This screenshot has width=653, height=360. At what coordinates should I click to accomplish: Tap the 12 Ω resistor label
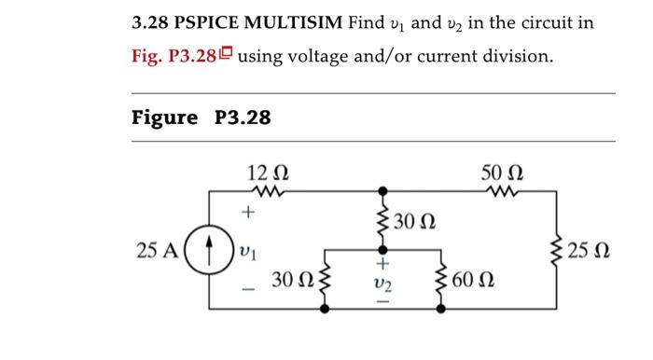[x=268, y=172]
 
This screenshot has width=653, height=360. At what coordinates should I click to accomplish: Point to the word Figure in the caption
[x=165, y=118]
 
